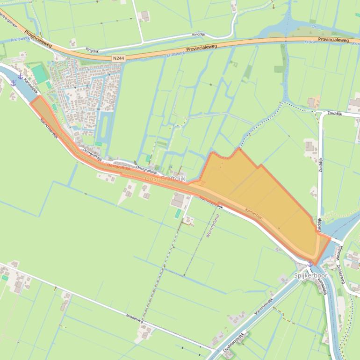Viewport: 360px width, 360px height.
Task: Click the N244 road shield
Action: tap(119, 58)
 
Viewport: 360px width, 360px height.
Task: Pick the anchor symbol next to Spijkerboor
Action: tap(310, 264)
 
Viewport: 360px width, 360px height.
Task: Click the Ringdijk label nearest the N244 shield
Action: tap(93, 50)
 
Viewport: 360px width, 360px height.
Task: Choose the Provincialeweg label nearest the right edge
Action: tap(333, 41)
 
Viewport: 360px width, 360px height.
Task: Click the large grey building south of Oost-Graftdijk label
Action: tap(178, 200)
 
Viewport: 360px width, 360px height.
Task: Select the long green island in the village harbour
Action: tap(104, 126)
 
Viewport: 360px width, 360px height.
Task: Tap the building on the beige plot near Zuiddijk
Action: tap(312, 102)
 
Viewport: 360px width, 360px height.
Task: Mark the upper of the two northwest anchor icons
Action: tap(20, 76)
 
